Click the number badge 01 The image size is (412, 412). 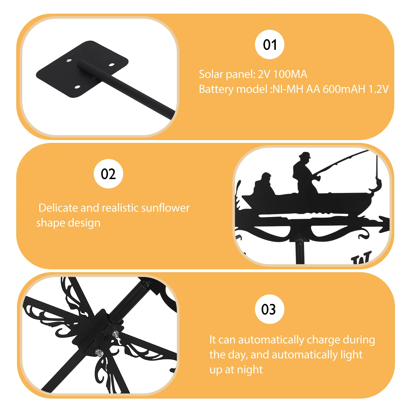click(270, 45)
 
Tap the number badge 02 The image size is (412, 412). click(108, 174)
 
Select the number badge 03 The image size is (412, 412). click(269, 309)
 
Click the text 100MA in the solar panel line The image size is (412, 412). click(290, 74)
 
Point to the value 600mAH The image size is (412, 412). click(344, 89)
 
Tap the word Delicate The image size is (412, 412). click(58, 208)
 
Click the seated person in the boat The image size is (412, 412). click(264, 185)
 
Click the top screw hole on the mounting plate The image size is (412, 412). click(69, 61)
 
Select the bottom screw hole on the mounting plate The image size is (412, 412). click(77, 87)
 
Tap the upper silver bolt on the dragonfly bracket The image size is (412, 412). click(116, 334)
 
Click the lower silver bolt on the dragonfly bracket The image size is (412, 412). click(98, 352)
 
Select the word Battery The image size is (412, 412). click(216, 89)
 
